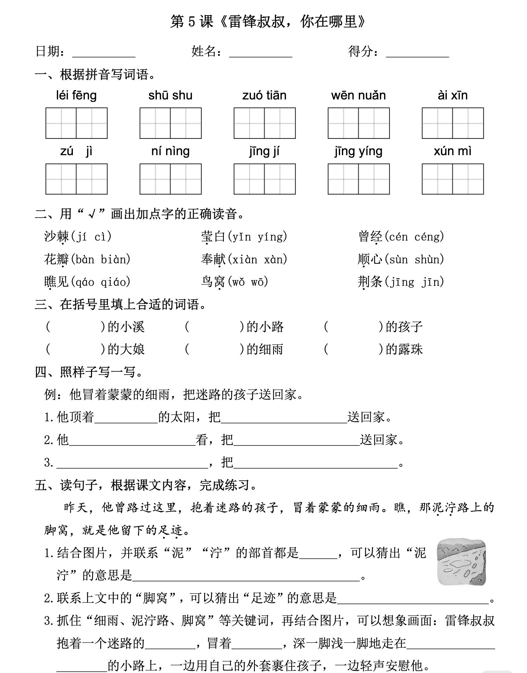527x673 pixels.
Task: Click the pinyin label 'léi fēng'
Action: coord(76,95)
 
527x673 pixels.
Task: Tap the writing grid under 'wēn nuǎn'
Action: coord(359,123)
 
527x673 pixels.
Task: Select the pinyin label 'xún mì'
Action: coord(452,151)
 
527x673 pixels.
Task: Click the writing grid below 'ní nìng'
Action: coord(170,179)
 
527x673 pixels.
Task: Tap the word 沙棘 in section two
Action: coord(57,237)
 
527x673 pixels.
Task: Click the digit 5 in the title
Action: coord(192,22)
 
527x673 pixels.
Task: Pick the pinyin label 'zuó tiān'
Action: coord(264,95)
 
